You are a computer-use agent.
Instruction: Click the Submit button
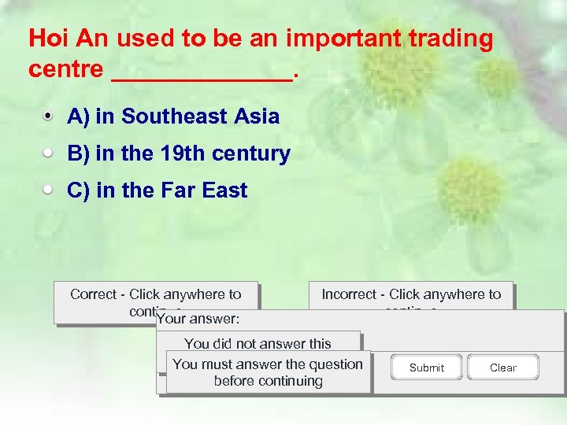click(x=426, y=368)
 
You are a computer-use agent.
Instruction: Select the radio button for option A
click(x=49, y=116)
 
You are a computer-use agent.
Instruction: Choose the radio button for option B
click(x=49, y=153)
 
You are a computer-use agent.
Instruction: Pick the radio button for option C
click(x=49, y=190)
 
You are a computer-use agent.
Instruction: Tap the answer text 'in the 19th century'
click(x=192, y=153)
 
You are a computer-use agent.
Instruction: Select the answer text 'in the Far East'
click(x=171, y=190)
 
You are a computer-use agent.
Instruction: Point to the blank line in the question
click(x=202, y=71)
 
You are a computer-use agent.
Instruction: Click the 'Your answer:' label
click(x=198, y=320)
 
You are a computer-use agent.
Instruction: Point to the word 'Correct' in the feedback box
click(x=93, y=294)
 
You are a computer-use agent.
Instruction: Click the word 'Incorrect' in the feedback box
click(x=349, y=294)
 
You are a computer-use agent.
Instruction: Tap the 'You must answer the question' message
click(x=268, y=364)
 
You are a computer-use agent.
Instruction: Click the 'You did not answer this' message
click(x=258, y=343)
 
